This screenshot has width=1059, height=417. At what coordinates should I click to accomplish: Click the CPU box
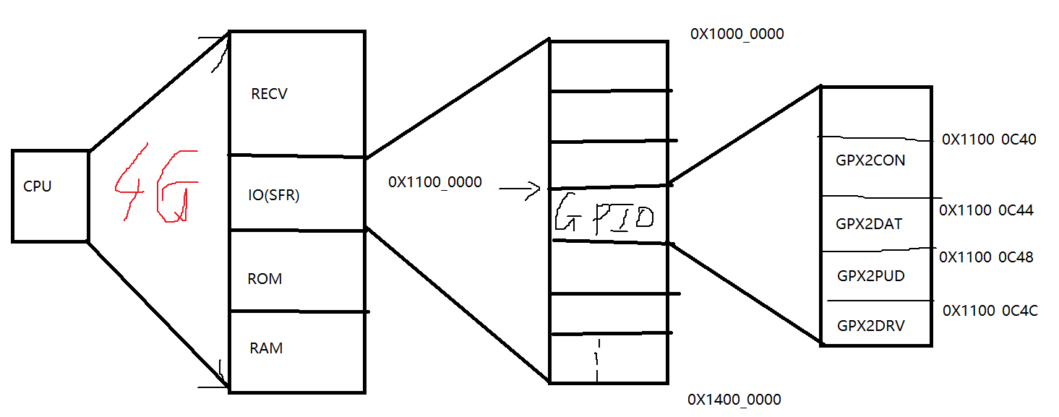coord(50,195)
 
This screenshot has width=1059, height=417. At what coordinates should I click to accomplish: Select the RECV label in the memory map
coord(269,94)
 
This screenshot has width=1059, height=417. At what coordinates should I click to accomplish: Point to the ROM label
coord(265,279)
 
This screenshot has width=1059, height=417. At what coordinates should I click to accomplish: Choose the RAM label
coord(266,348)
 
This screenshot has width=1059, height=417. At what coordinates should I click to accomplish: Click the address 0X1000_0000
coord(737,34)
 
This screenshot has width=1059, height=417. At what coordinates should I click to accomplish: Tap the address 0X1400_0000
coord(734,400)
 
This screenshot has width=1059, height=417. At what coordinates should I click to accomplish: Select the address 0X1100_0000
coord(434,182)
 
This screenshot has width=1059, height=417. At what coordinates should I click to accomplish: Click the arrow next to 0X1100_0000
coord(520,191)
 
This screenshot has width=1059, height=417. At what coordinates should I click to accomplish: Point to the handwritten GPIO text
coord(604,215)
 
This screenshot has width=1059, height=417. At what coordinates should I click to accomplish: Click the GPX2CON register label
coord(870,160)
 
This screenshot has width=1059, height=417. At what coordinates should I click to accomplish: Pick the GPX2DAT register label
coord(869,224)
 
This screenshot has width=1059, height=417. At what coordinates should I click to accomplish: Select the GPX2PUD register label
coord(870,276)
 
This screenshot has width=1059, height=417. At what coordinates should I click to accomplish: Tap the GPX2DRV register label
coord(871,326)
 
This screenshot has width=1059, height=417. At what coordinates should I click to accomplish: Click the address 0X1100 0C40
coord(989,139)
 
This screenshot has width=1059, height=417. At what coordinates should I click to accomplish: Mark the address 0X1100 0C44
coord(986,210)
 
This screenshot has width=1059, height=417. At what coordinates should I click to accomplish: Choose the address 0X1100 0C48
coord(986,257)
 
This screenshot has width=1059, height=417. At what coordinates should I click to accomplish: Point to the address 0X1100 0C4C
coord(990,311)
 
